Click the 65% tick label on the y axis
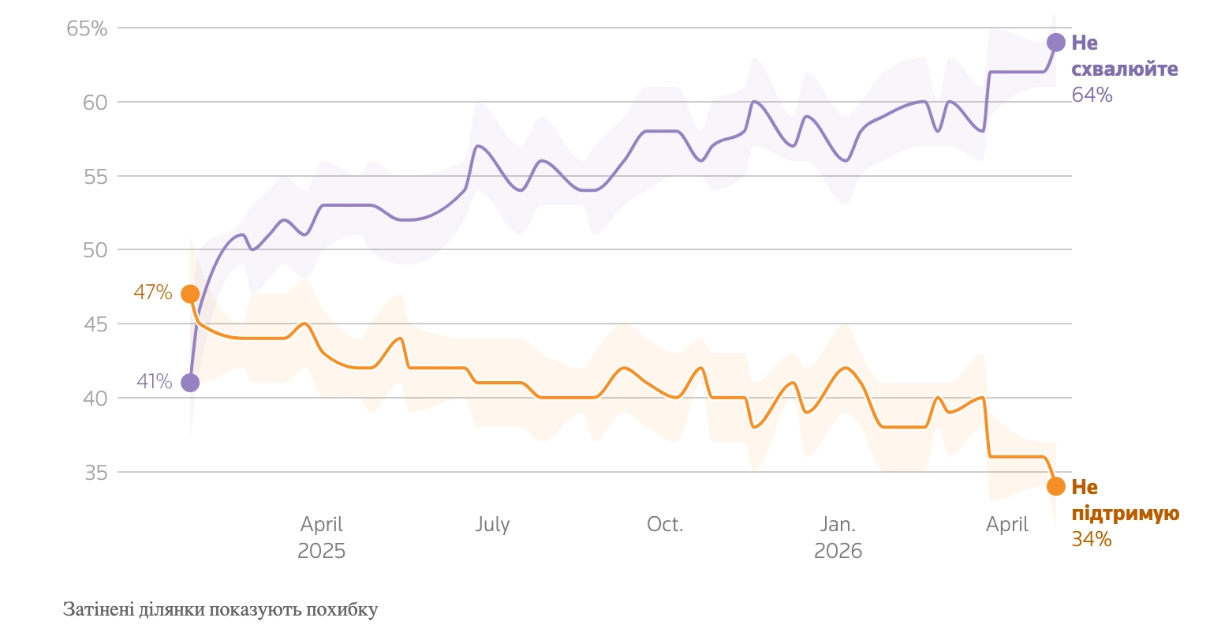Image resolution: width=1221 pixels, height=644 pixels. (87, 29)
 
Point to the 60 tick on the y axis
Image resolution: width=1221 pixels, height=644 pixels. (95, 103)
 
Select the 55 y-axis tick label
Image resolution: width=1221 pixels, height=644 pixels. (95, 177)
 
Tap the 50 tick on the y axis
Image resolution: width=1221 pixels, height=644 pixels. (95, 250)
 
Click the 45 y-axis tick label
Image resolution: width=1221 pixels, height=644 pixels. (95, 324)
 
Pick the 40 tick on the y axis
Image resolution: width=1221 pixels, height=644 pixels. (95, 399)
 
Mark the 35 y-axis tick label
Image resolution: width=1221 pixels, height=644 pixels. (95, 473)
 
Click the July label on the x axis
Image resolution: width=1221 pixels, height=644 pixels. (493, 525)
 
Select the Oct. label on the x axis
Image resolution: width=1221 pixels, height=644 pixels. (665, 525)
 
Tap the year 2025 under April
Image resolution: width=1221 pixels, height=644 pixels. (322, 551)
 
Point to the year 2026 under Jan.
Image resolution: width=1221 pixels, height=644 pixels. (838, 551)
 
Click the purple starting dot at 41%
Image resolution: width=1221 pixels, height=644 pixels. (190, 383)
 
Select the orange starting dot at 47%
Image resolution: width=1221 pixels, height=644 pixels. (190, 294)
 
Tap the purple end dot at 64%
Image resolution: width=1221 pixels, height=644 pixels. (1056, 43)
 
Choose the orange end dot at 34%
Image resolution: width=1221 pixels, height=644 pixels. (1056, 486)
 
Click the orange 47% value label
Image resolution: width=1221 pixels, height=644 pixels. (153, 293)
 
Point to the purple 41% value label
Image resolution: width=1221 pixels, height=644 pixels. (155, 382)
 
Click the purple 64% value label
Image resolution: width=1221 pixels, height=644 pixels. (1092, 95)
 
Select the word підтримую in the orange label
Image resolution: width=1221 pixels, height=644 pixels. (1126, 514)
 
